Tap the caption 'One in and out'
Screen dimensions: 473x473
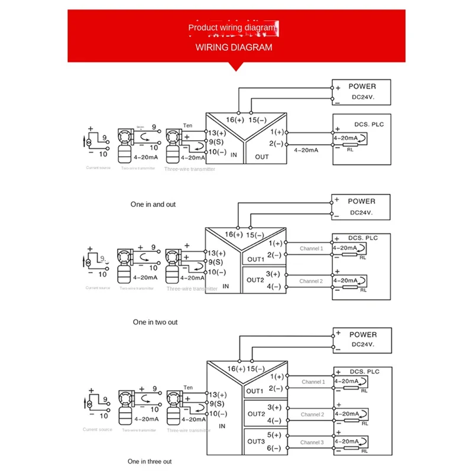(x=153, y=204)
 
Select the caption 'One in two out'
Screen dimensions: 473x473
(x=155, y=322)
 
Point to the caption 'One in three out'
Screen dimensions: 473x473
(x=150, y=461)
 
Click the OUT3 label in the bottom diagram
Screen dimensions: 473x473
(x=255, y=441)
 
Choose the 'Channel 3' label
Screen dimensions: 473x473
(x=312, y=442)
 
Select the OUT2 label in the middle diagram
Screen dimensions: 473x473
(x=255, y=280)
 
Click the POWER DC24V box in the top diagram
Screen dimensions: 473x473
(x=362, y=91)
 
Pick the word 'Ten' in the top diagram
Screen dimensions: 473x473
(x=188, y=125)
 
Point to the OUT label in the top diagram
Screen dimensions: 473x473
(x=261, y=157)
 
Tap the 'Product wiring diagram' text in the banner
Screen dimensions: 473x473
(x=232, y=27)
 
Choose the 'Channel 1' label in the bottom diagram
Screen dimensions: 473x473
(x=312, y=382)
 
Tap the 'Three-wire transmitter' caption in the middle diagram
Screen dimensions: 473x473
(x=192, y=289)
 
